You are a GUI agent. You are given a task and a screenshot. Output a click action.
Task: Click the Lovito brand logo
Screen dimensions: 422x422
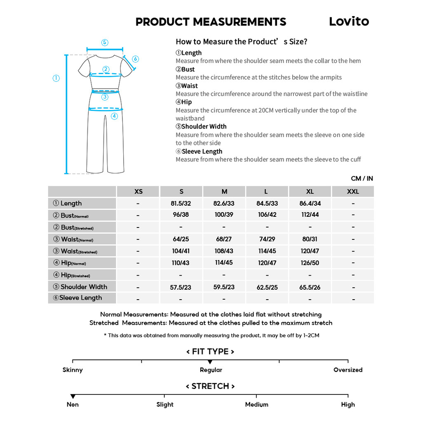[349, 21]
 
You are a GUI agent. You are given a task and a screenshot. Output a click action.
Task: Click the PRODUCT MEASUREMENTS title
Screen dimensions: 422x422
[211, 22]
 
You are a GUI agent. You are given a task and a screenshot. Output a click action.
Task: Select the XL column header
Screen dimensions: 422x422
[310, 192]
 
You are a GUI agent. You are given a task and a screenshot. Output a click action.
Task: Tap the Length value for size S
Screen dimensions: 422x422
[181, 204]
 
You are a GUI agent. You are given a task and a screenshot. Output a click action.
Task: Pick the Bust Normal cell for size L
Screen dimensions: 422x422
[267, 215]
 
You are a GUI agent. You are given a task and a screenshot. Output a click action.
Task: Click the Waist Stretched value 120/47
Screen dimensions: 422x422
[310, 251]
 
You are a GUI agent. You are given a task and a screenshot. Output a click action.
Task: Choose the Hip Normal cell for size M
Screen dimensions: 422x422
[224, 263]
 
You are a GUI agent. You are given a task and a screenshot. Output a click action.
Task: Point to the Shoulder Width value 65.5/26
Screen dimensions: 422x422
[310, 287]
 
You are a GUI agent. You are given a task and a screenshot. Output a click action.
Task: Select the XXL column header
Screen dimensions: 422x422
[353, 192]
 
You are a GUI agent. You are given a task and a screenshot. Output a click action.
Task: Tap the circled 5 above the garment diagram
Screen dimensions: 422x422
[105, 42]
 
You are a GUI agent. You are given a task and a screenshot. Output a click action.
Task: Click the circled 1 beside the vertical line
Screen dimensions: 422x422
[56, 78]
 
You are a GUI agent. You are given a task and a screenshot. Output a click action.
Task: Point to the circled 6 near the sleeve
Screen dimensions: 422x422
[135, 59]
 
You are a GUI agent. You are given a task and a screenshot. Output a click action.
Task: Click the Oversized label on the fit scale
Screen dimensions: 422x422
[348, 370]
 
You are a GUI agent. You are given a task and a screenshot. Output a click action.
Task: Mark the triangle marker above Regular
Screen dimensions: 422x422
[210, 362]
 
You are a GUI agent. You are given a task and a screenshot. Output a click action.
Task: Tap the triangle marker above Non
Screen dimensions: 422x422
[73, 396]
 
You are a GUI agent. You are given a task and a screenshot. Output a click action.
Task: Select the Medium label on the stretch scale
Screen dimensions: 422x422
[256, 405]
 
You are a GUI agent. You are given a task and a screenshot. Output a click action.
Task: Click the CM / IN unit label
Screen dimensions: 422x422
[362, 178]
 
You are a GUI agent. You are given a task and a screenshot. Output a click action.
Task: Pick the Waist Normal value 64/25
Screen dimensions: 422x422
[181, 239]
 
